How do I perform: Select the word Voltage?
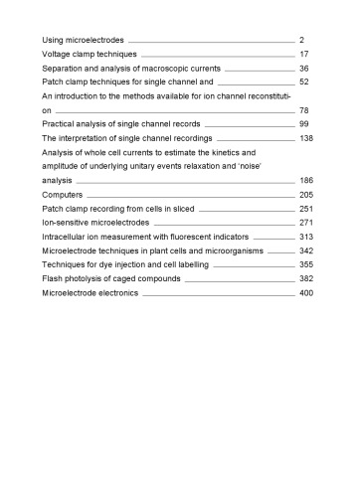click(x=57, y=53)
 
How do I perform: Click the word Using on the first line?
click(x=54, y=38)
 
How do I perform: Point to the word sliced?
click(x=183, y=210)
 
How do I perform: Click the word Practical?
click(x=60, y=124)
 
